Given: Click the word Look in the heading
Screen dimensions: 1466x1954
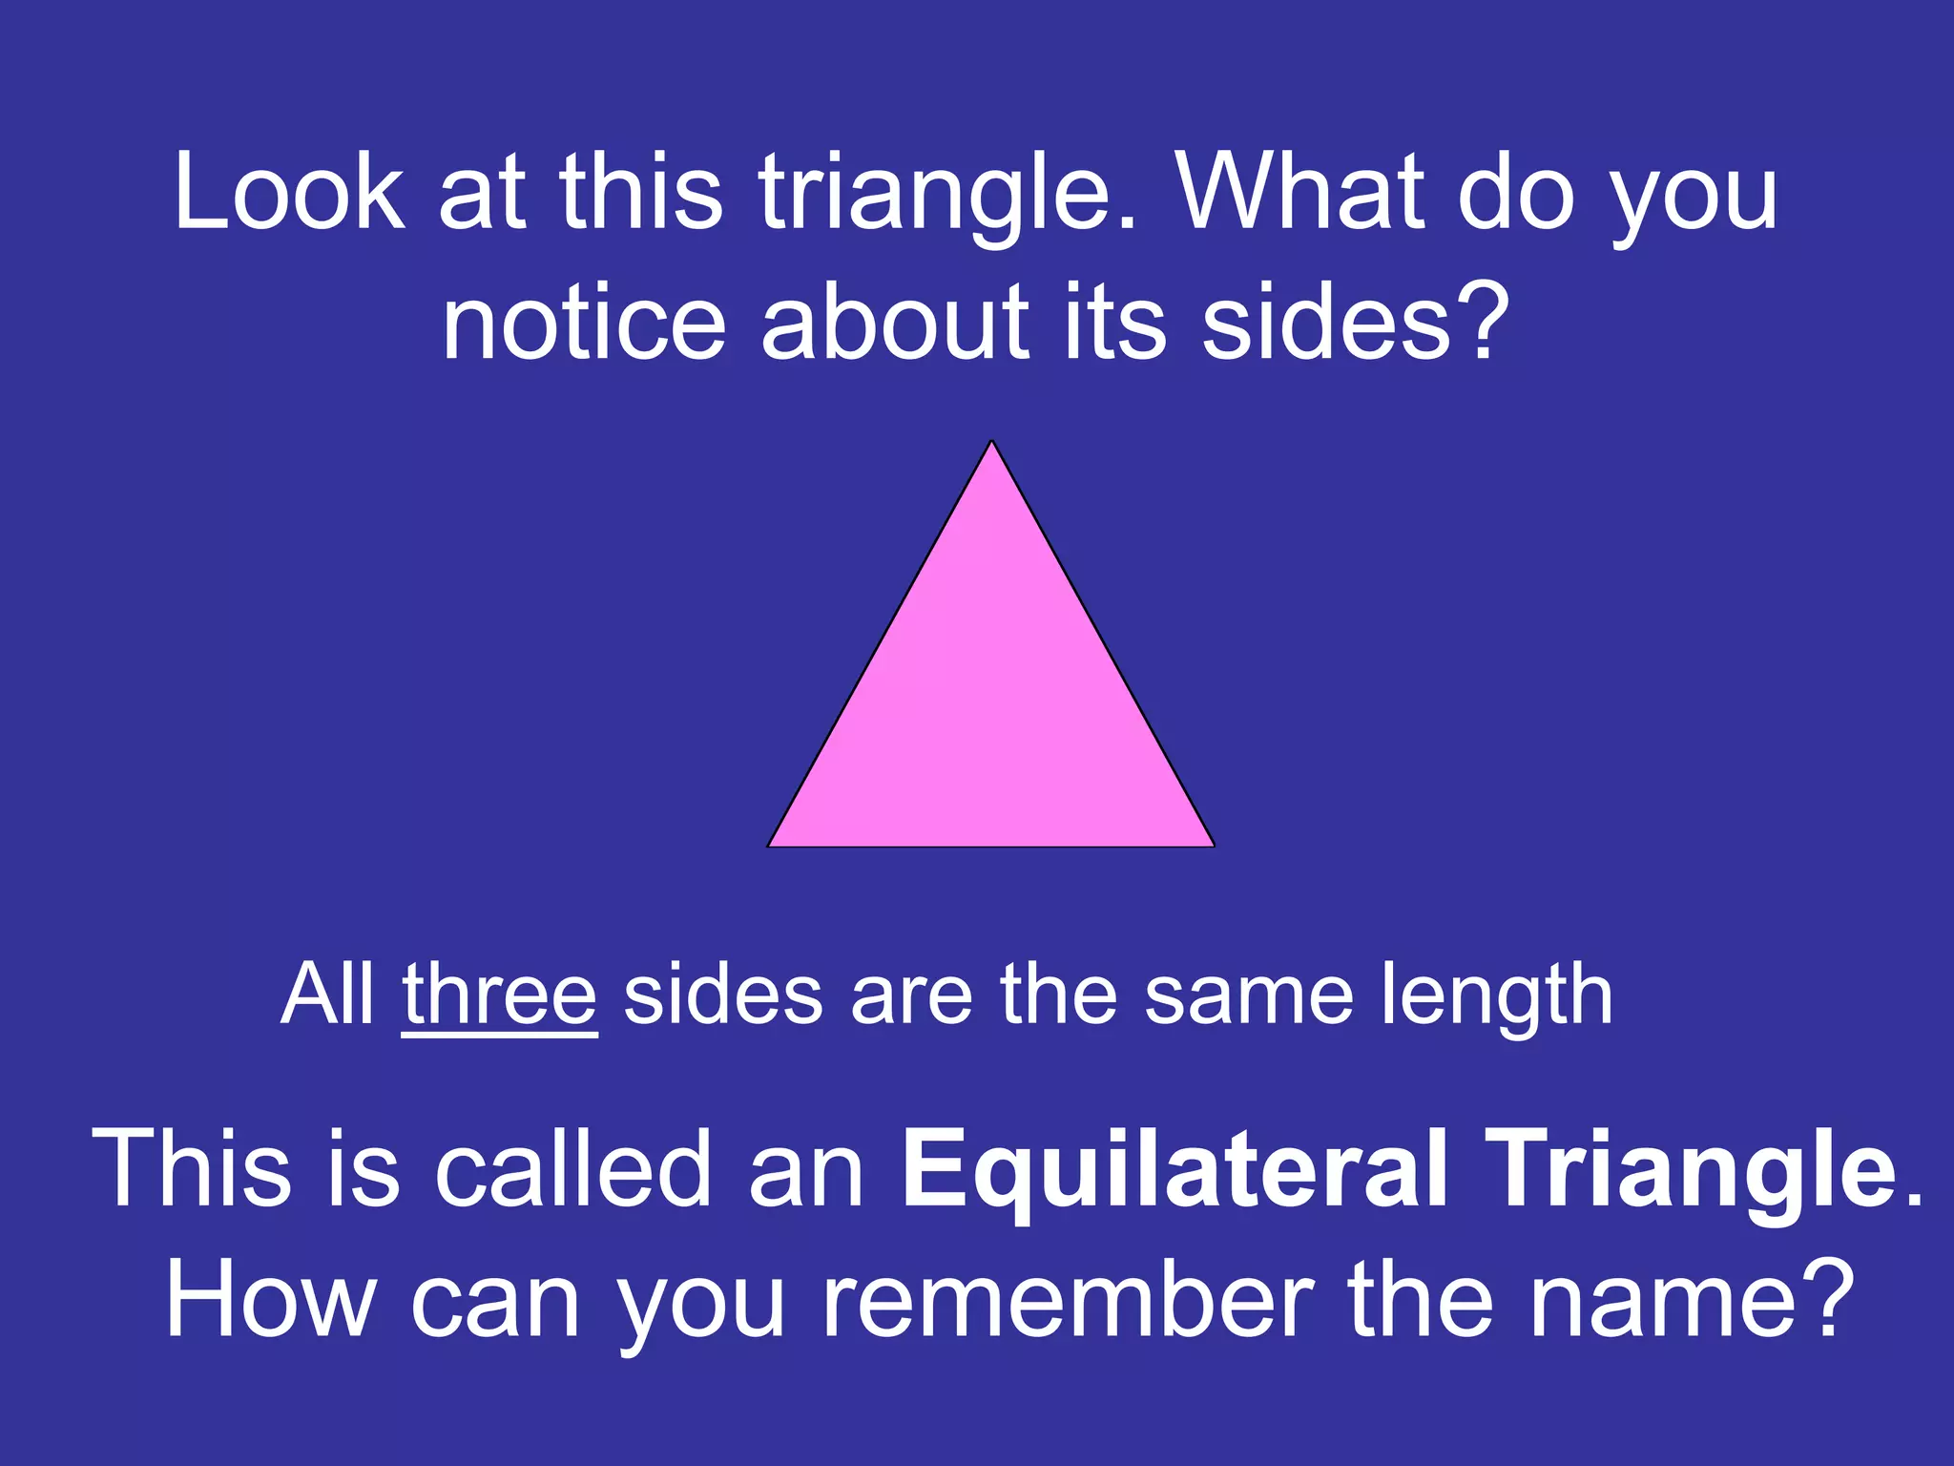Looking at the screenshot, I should tap(289, 193).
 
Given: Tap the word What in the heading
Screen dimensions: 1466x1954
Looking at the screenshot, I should tap(1299, 193).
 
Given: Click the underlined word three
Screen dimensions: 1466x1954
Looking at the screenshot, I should tap(499, 995).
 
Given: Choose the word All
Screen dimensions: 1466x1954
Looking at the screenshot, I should tap(327, 995).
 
